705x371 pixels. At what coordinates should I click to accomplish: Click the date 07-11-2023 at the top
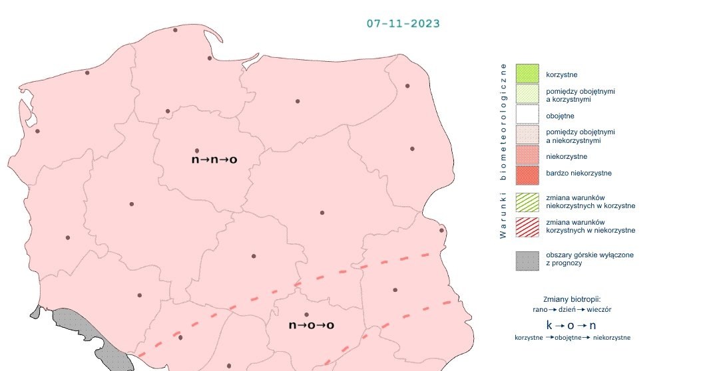point(403,23)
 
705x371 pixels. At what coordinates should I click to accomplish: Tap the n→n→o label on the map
point(214,160)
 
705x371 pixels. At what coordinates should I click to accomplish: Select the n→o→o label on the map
point(311,325)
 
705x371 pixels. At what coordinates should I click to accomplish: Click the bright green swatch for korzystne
point(527,74)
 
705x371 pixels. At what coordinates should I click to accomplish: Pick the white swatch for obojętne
point(527,115)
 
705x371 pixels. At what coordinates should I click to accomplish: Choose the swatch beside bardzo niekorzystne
point(527,175)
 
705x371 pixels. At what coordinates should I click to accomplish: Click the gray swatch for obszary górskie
point(527,260)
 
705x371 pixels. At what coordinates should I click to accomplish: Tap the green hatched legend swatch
point(527,202)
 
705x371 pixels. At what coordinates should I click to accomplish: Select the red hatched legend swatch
point(527,226)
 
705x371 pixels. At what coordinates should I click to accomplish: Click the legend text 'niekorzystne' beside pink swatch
point(567,157)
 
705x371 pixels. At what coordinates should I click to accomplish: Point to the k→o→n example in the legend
point(571,326)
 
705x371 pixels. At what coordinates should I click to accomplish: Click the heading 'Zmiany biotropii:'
point(572,299)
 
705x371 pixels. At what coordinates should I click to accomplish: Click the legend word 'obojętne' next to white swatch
point(561,116)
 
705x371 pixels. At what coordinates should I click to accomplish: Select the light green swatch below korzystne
point(527,94)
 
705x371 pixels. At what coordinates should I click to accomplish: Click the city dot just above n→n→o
point(196,151)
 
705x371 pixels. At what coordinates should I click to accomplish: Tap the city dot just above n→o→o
point(306,314)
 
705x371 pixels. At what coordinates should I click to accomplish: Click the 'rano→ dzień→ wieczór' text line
point(572,310)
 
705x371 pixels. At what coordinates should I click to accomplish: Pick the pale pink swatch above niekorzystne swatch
point(527,136)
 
